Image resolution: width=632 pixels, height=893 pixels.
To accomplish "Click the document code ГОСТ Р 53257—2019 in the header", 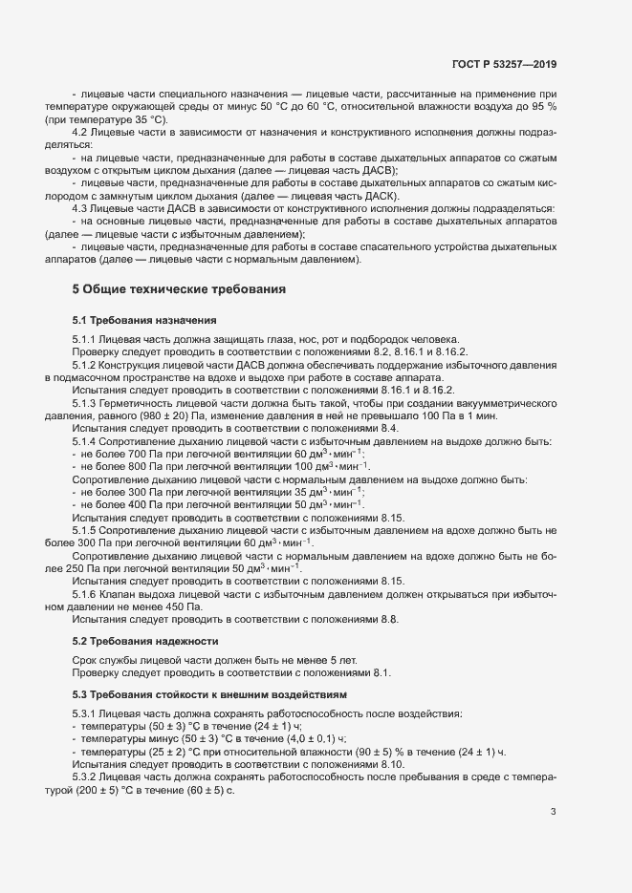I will [504, 64].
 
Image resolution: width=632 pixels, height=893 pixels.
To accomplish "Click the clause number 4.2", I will [80, 135].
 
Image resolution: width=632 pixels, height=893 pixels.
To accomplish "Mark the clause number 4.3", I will [80, 208].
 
